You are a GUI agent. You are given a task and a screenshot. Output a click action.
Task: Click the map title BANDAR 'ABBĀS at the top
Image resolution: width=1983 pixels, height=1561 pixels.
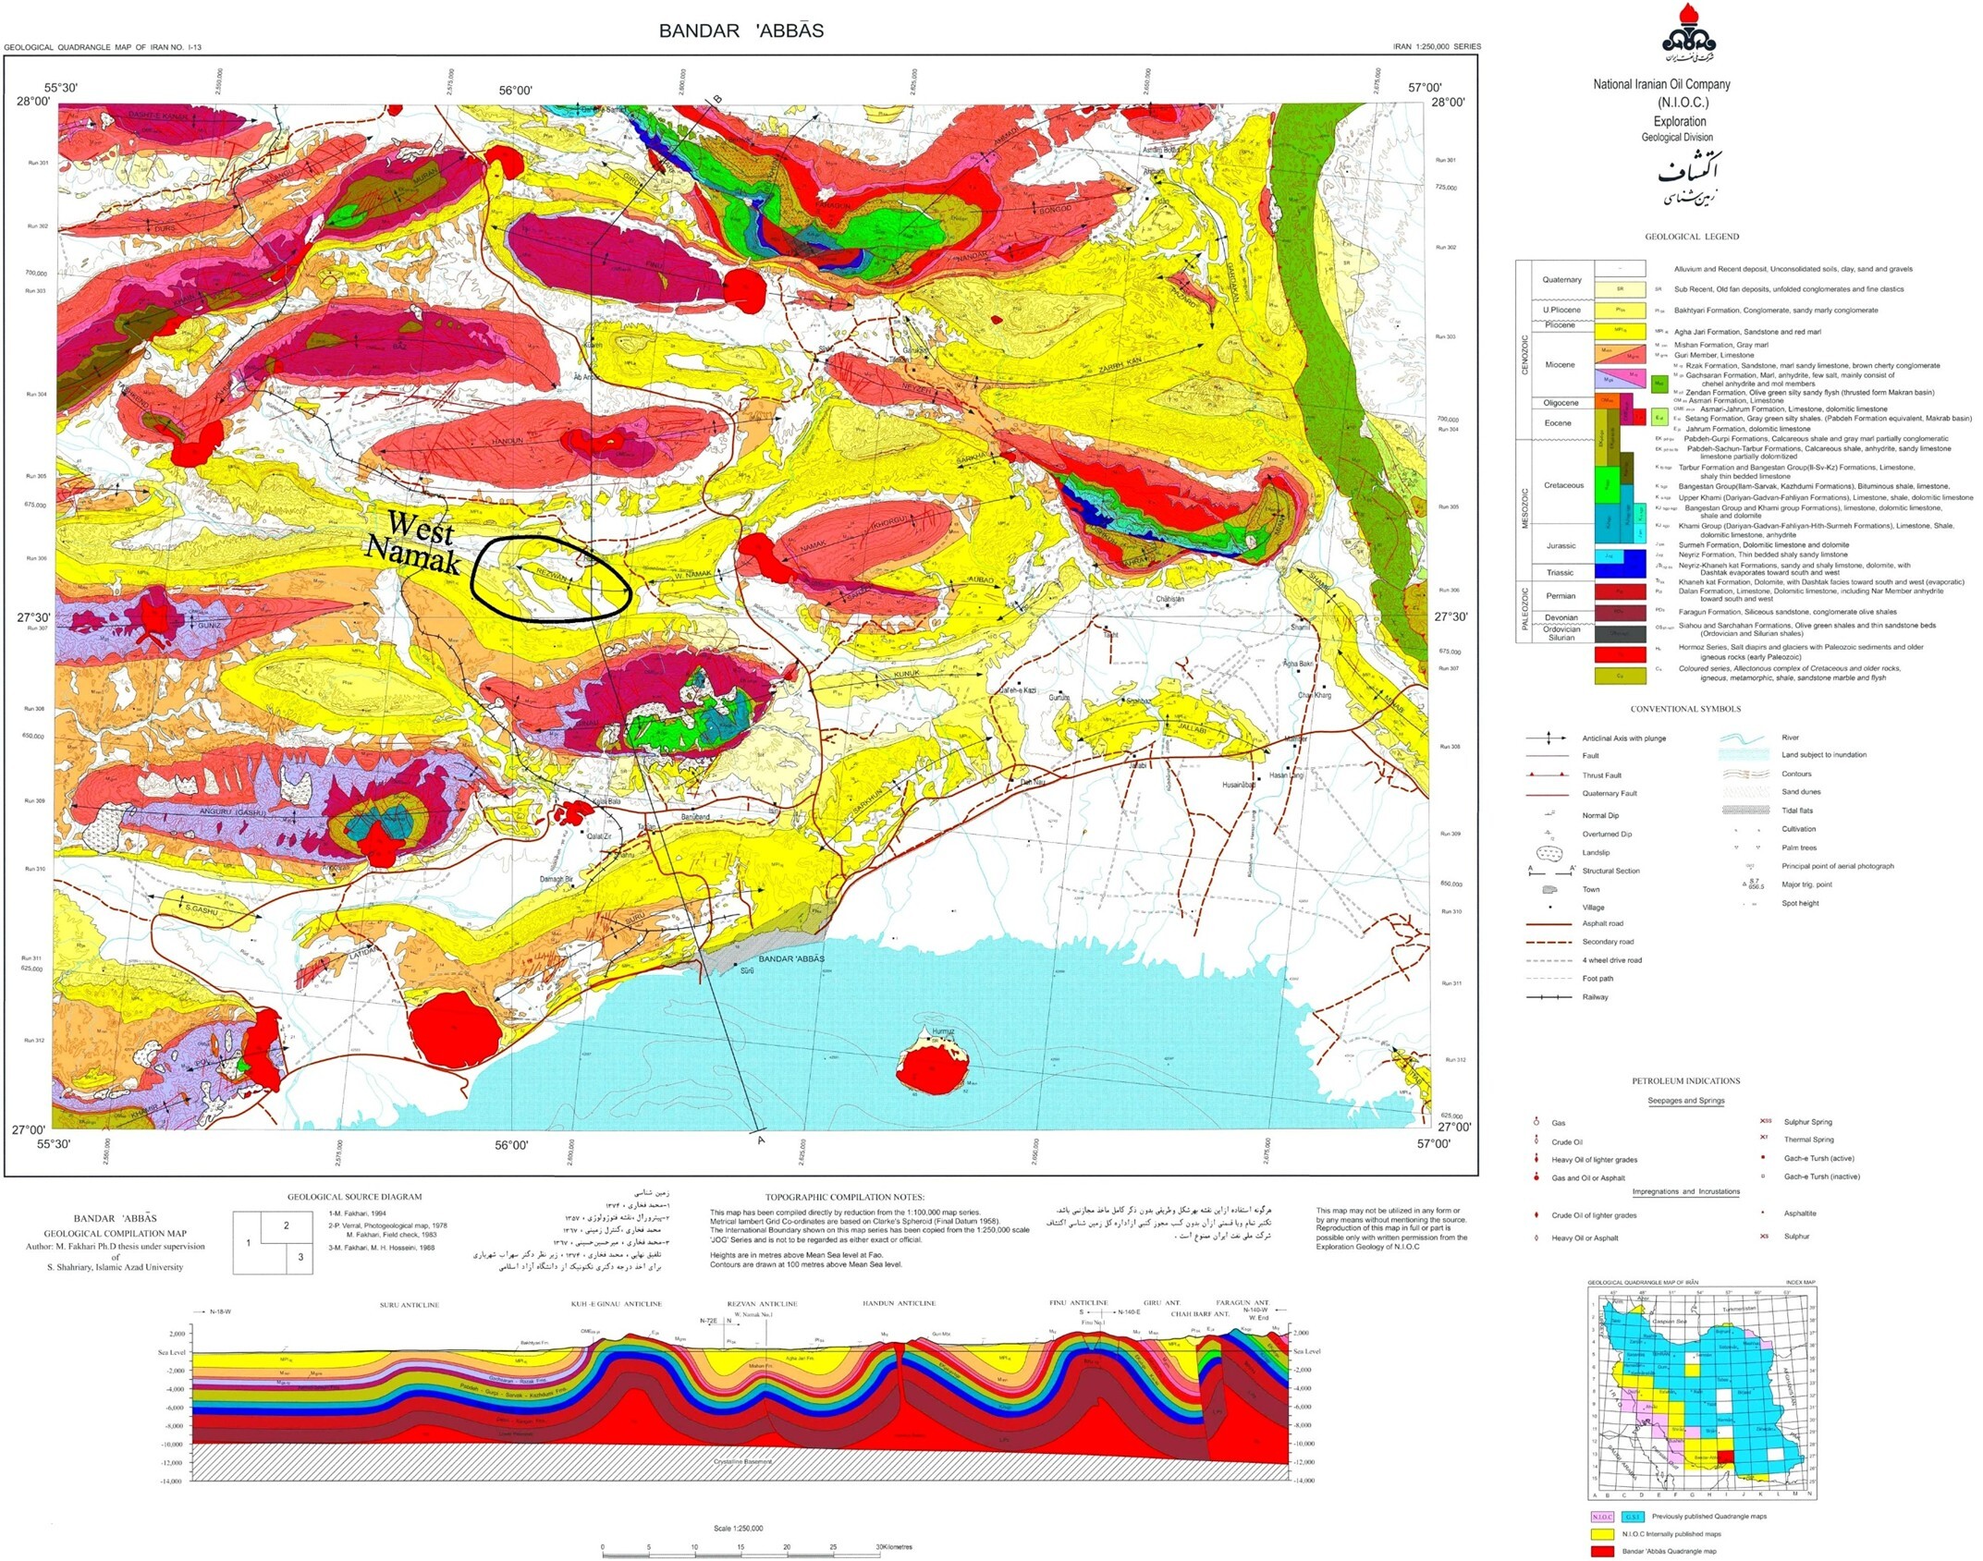(x=741, y=30)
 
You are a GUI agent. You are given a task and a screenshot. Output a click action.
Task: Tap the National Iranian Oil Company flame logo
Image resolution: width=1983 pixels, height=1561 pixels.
(x=1688, y=35)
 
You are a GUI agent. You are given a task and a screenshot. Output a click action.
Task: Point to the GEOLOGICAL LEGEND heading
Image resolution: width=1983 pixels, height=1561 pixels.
(x=1691, y=237)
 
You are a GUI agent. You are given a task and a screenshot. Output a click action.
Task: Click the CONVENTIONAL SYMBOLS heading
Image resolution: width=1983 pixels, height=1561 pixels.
(x=1684, y=709)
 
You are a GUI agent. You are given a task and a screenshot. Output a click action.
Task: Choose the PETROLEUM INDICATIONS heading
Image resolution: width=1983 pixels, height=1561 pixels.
(x=1685, y=1080)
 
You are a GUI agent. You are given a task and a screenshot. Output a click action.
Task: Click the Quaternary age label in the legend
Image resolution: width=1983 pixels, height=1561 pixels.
(x=1561, y=279)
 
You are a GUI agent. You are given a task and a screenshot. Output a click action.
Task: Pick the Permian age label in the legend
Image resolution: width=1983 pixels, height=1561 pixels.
(x=1561, y=596)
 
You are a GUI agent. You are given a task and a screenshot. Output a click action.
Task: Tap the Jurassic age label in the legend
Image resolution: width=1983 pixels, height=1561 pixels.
(x=1561, y=545)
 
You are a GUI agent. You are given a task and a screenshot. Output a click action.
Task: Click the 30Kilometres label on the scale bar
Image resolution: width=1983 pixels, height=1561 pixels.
(x=893, y=1547)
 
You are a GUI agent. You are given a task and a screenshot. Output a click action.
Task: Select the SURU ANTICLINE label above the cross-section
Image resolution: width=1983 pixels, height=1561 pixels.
(x=409, y=1305)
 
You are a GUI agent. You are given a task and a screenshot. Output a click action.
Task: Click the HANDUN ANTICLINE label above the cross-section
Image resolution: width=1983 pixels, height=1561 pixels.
(x=899, y=1303)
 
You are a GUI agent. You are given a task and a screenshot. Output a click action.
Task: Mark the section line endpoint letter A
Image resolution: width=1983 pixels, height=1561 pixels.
(x=761, y=1140)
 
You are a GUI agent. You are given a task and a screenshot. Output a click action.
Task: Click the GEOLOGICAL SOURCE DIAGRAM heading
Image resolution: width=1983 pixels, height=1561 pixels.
(x=354, y=1197)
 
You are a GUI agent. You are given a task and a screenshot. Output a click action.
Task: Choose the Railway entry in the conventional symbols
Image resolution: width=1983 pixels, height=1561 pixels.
(x=1595, y=997)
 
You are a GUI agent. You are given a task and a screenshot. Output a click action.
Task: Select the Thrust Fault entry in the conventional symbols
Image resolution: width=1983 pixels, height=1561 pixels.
(x=1601, y=775)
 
